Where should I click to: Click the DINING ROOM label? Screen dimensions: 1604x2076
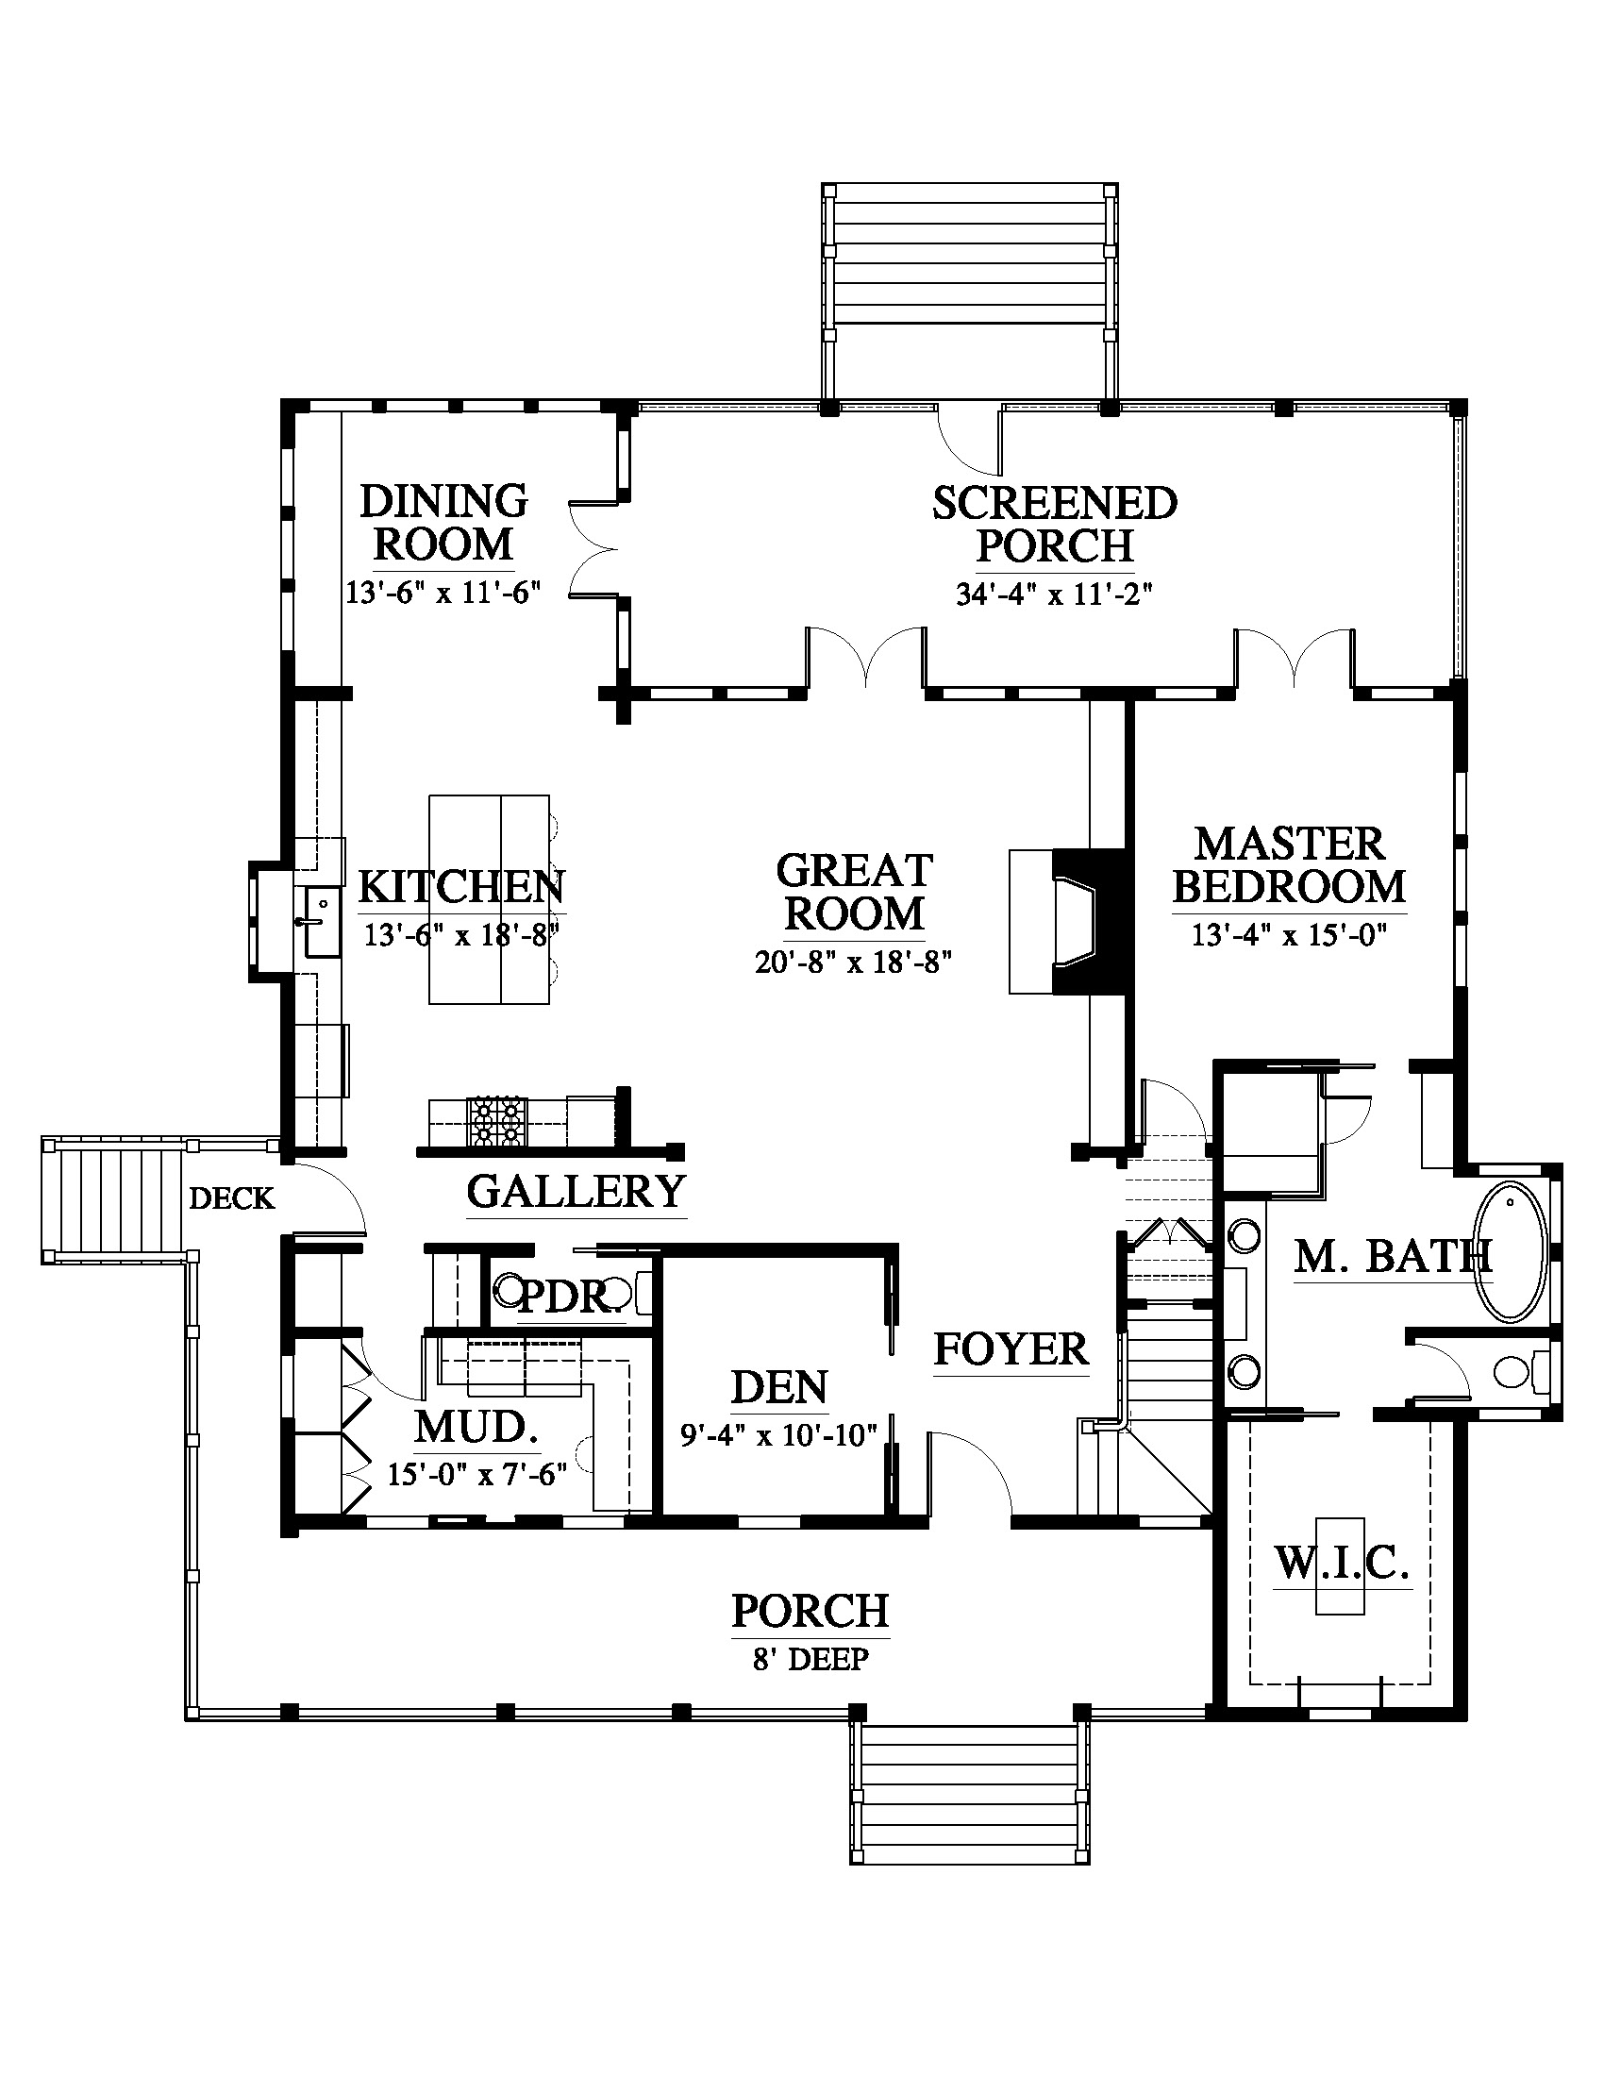pos(443,524)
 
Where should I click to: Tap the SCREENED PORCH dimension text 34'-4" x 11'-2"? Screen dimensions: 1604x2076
pos(1054,594)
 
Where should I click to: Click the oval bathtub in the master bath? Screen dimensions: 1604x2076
pos(1510,1249)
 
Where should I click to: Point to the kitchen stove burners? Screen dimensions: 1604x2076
pos(497,1122)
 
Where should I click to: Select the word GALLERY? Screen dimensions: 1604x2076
pos(576,1192)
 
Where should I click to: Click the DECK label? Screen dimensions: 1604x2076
pos(232,1198)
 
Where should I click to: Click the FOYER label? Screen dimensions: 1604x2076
pos(1011,1349)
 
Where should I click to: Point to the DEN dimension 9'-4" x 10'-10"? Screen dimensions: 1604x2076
pos(779,1434)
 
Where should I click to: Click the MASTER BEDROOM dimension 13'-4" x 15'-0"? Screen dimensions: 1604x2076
pos(1290,935)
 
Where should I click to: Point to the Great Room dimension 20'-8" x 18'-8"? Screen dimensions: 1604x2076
pos(853,963)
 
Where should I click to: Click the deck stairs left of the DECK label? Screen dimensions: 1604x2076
pos(114,1199)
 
